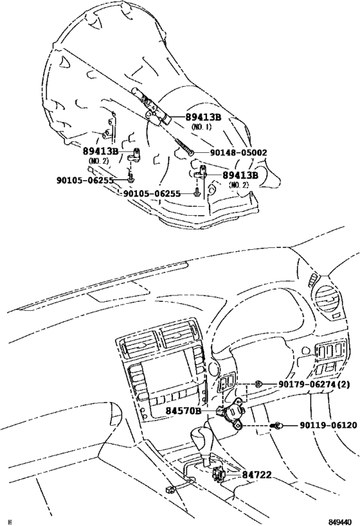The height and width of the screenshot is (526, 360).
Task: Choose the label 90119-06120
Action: [x=327, y=425]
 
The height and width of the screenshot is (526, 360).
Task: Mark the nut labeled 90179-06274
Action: [x=257, y=385]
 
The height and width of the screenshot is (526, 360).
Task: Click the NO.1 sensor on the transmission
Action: [x=152, y=107]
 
